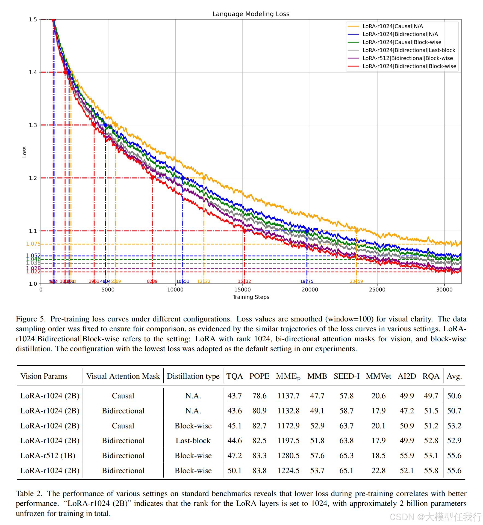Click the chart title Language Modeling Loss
click(251, 14)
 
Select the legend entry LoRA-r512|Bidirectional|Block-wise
click(408, 58)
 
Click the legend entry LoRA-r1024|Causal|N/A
click(393, 26)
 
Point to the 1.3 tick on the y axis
click(33, 125)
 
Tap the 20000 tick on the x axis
click(310, 290)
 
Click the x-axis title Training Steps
click(251, 297)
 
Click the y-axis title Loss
click(24, 152)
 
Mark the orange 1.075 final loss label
click(33, 244)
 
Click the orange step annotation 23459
click(356, 281)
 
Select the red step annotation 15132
click(244, 281)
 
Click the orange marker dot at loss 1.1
click(356, 231)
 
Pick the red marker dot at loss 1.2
click(152, 178)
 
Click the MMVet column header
click(378, 376)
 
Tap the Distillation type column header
click(193, 376)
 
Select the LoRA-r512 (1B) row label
click(48, 455)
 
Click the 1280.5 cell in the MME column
click(288, 455)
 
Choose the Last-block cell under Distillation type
click(193, 440)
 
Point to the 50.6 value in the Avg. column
click(454, 396)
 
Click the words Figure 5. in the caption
click(30, 319)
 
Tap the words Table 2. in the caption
click(29, 494)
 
